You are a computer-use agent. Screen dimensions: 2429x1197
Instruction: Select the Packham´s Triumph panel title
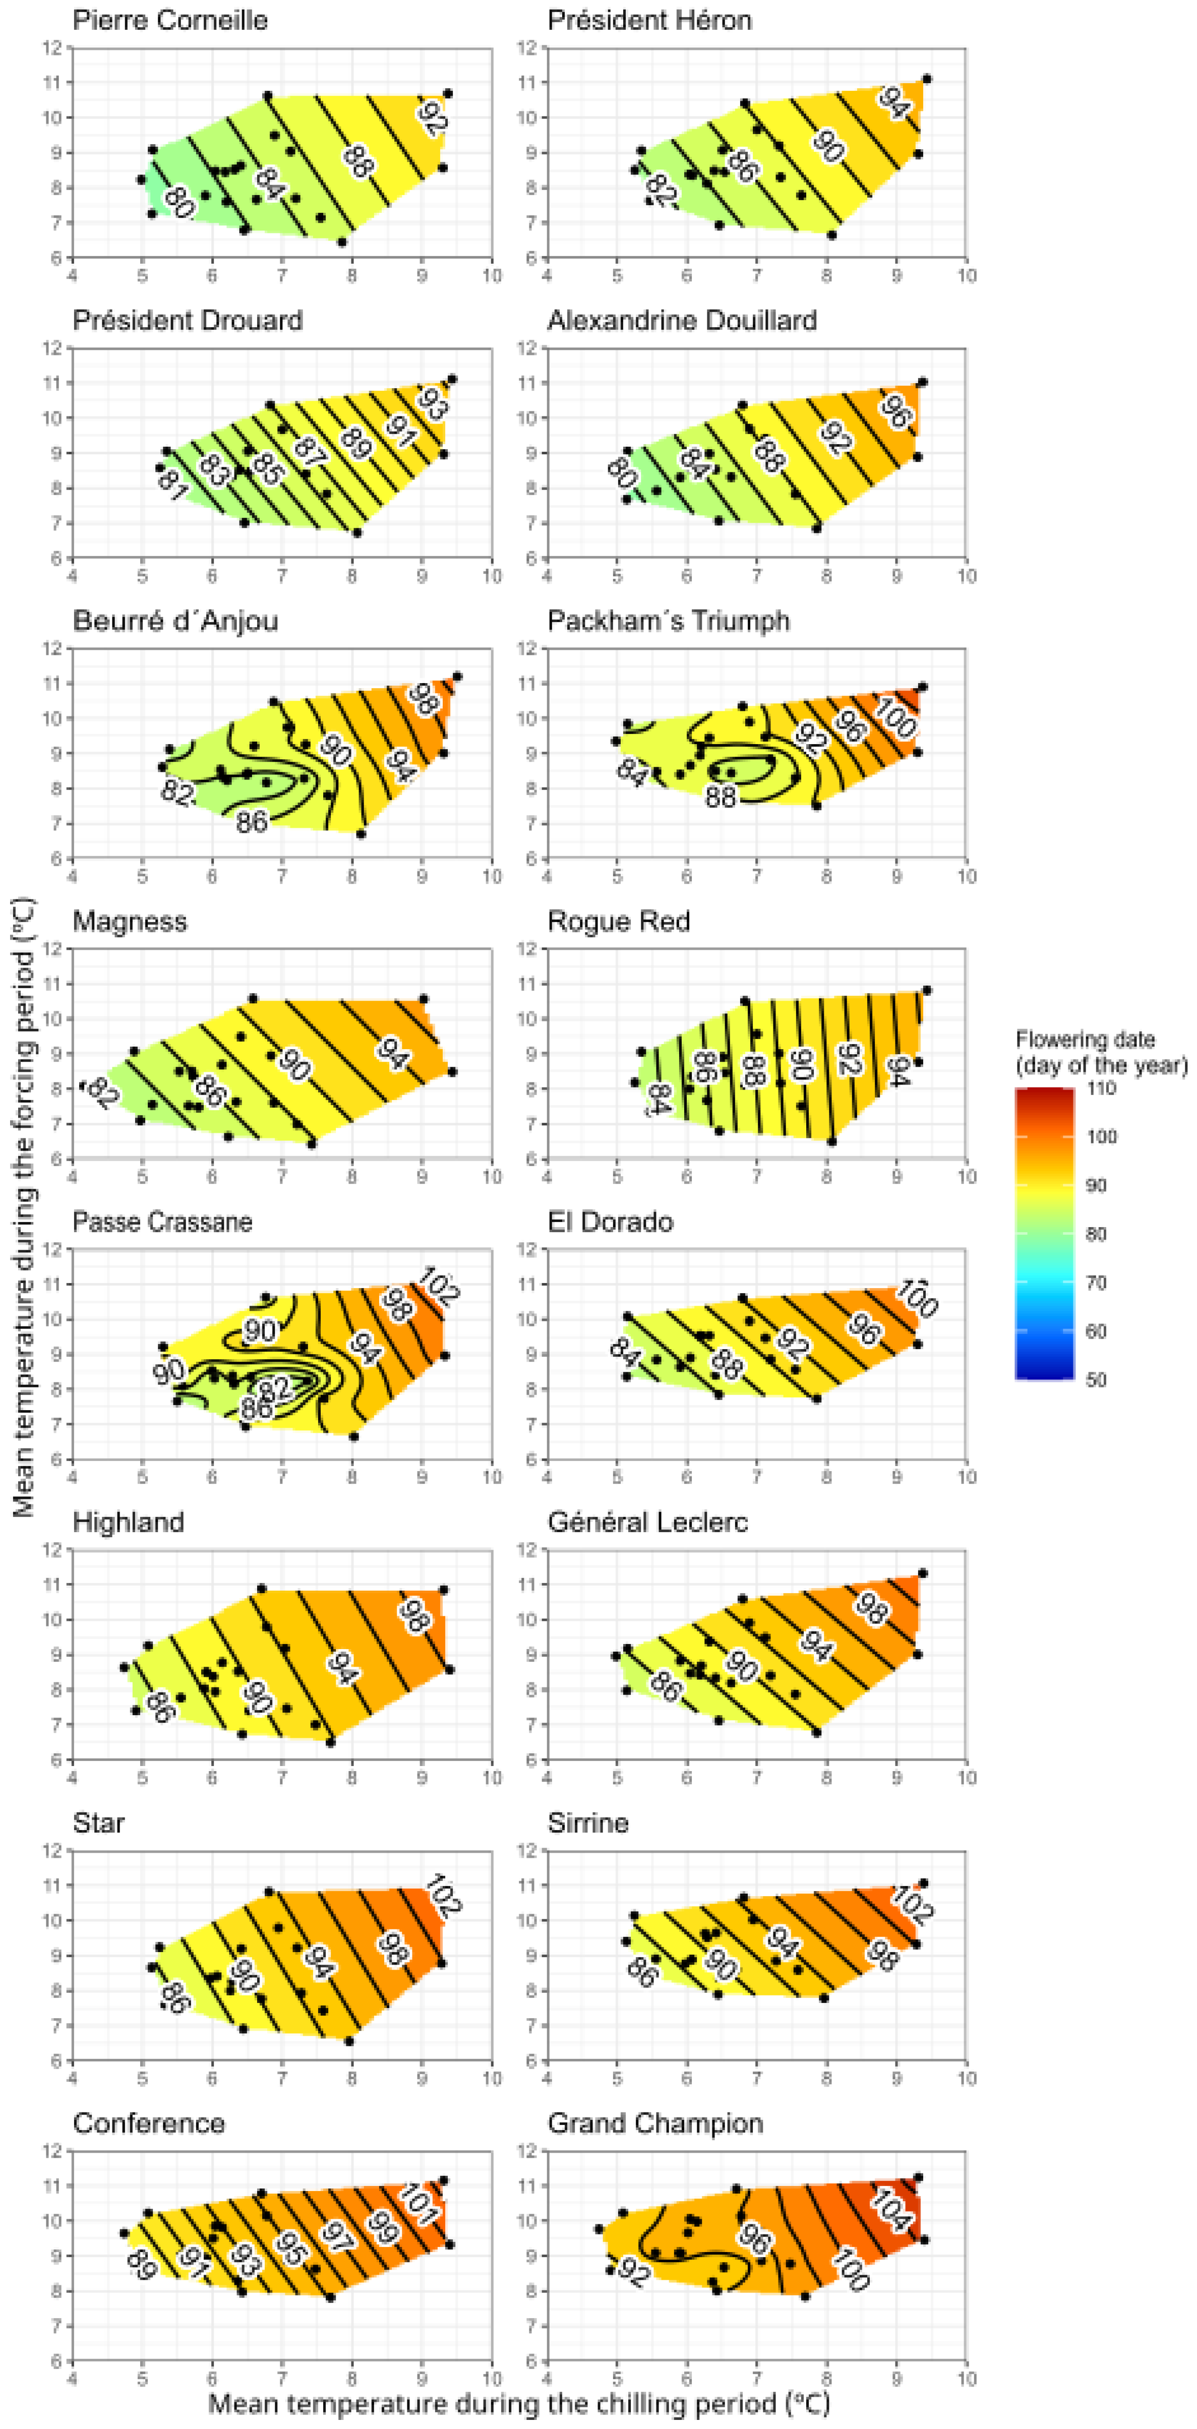coord(668,622)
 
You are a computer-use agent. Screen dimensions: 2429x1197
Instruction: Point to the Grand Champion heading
coord(654,2123)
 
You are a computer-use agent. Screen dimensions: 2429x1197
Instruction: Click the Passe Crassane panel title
coord(162,1222)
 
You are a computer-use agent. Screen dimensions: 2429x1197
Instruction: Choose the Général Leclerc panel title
coord(647,1523)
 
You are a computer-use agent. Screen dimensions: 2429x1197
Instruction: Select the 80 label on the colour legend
coord(1095,1234)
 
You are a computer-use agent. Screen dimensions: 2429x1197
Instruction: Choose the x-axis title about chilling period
coord(519,2404)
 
